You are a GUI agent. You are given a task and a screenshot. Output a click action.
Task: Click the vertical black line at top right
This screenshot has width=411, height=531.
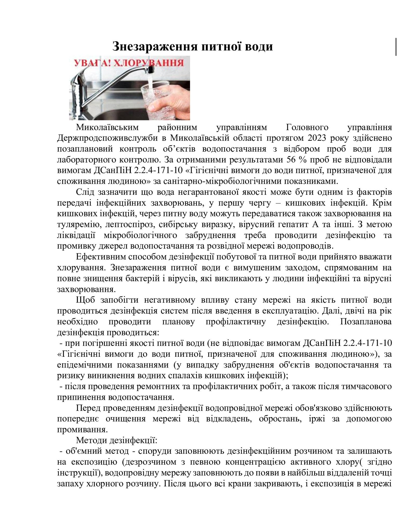point(396,47)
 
